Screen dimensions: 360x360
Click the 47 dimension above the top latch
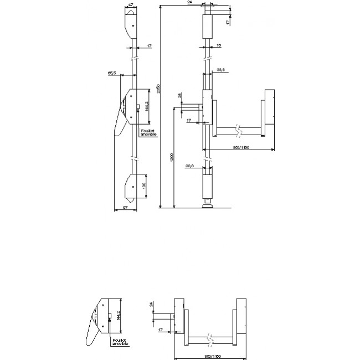pyautogui.click(x=131, y=4)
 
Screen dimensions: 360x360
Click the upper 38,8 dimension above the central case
pyautogui.click(x=220, y=70)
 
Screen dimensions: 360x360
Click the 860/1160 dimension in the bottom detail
pyautogui.click(x=209, y=354)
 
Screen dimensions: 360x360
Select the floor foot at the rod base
pyautogui.click(x=208, y=207)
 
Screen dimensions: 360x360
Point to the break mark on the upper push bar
pyautogui.click(x=238, y=130)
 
